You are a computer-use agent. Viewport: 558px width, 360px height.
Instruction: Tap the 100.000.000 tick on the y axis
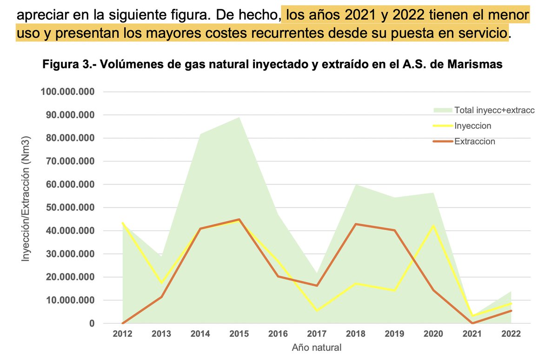68,92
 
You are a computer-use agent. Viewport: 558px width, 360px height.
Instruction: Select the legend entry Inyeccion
473,126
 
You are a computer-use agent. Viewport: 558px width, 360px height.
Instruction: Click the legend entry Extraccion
475,141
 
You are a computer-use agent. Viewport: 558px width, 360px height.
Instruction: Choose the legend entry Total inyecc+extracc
495,110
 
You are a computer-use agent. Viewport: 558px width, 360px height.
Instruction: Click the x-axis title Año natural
317,347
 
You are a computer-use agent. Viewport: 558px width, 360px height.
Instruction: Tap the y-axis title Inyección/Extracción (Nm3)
27,199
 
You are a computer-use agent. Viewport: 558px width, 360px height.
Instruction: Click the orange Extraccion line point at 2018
356,224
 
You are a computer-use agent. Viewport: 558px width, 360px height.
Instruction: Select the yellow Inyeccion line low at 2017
317,311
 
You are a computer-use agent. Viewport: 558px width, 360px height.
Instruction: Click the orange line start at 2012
123,323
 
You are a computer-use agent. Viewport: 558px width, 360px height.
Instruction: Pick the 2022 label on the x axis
511,334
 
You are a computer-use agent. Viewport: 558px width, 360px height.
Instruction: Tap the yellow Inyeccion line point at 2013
161,283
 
